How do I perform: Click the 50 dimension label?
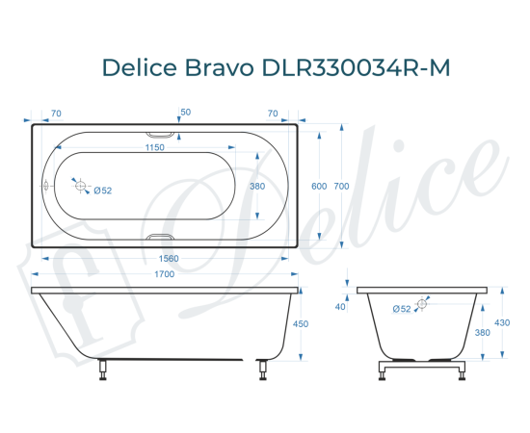185,113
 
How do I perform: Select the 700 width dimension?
341,187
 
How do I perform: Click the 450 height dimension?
300,324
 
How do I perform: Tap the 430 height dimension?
501,322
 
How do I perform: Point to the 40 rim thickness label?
340,307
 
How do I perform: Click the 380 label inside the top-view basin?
256,187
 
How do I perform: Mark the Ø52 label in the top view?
103,191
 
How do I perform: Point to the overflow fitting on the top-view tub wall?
45,187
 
